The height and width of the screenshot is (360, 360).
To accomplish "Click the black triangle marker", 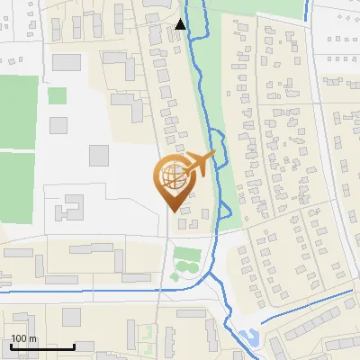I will [182, 24].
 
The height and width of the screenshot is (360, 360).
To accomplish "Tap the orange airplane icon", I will [199, 165].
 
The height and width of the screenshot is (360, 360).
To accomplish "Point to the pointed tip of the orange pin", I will [175, 212].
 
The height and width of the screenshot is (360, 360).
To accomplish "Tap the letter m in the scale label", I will [33, 339].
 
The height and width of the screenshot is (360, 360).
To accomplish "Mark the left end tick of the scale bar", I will [11, 346].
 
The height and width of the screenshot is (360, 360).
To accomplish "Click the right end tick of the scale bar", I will [75, 346].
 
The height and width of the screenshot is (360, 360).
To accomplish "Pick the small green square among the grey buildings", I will [58, 95].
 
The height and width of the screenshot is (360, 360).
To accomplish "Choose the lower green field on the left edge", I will [16, 185].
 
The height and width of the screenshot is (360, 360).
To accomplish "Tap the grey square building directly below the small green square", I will [58, 125].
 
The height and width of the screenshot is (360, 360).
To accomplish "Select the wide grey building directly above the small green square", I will [67, 63].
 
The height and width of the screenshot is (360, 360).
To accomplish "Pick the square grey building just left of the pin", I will [99, 155].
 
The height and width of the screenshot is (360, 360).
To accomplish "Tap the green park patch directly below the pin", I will [185, 262].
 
